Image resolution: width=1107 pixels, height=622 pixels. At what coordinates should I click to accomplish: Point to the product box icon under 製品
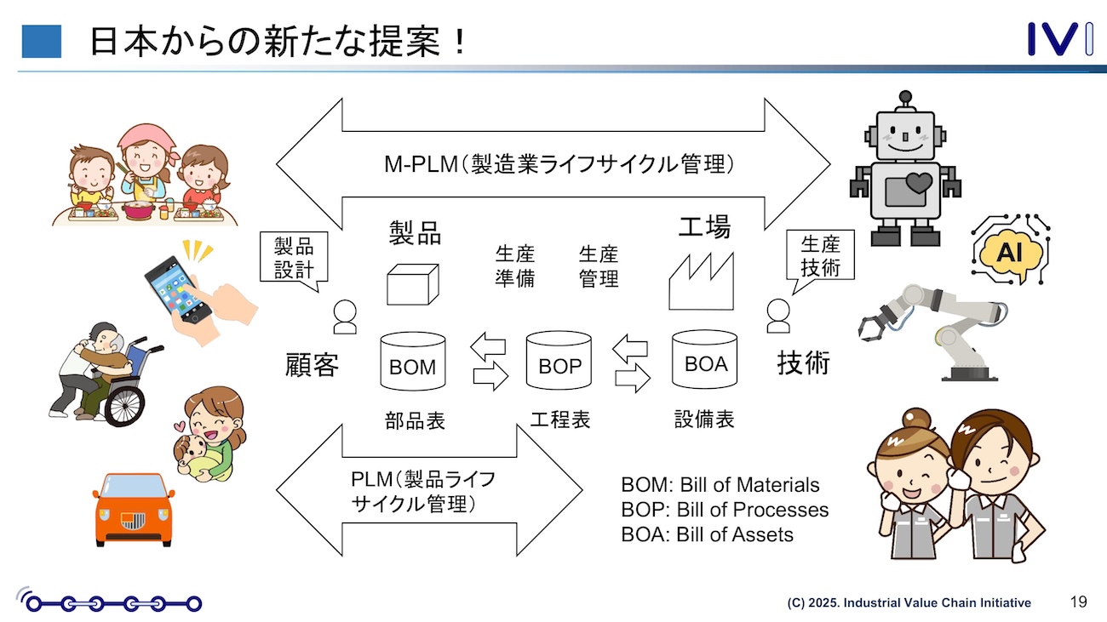413,282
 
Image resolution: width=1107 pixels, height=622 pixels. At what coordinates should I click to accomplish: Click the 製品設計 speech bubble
294,259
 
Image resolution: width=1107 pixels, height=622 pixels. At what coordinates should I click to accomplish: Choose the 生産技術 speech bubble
820,258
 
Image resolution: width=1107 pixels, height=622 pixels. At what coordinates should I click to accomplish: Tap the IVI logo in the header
1059,40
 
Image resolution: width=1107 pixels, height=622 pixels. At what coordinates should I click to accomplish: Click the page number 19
1078,602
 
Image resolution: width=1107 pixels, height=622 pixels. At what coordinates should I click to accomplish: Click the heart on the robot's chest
918,181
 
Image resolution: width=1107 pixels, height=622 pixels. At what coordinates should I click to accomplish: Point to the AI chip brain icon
1011,249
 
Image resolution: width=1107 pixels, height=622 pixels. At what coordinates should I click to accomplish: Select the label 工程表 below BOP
559,419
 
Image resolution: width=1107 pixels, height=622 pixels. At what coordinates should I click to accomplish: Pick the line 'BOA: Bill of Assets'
707,534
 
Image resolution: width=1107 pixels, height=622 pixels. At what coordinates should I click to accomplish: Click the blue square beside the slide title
41,41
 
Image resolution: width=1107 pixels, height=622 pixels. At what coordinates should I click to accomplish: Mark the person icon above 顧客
345,317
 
